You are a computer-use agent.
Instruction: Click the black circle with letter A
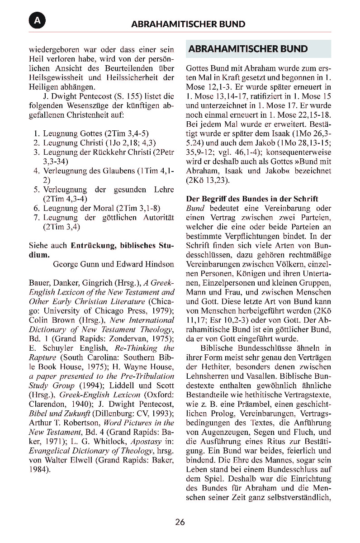pos(37,21)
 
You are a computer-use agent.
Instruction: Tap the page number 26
pos(180,522)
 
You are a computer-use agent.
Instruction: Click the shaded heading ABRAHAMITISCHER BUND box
pos(258,49)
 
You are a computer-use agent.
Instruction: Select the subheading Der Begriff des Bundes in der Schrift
pos(252,199)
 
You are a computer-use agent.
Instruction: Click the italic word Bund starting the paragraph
pos(195,209)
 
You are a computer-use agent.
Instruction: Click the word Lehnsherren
pos(207,376)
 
